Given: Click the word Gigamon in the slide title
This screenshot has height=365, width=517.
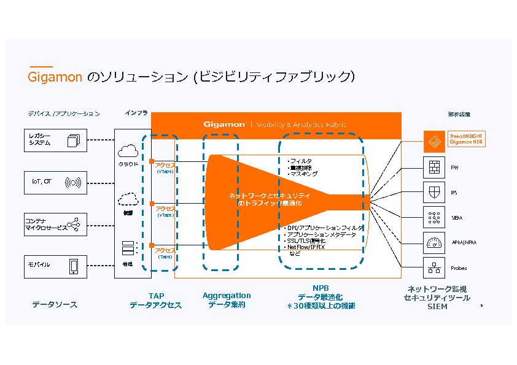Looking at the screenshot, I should [x=55, y=77].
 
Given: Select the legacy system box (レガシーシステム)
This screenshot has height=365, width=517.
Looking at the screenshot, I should [x=55, y=140].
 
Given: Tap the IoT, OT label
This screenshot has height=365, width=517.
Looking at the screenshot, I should [x=42, y=182].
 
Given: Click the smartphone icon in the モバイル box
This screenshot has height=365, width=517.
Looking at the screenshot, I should [x=74, y=266].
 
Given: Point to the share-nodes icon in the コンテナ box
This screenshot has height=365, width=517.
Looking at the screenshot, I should [x=74, y=224].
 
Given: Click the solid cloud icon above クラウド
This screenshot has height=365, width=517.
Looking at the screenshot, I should [x=128, y=150].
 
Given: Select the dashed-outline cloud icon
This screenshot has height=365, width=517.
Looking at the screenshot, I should [x=128, y=198].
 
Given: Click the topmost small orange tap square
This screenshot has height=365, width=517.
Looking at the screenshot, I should [x=150, y=161].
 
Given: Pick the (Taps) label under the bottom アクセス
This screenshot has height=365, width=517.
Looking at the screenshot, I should [x=165, y=256].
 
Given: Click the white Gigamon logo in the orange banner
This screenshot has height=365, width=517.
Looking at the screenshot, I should [x=225, y=124].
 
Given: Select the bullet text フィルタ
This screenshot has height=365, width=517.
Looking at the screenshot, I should [x=301, y=161].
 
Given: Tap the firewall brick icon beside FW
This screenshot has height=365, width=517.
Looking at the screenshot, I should [x=434, y=166].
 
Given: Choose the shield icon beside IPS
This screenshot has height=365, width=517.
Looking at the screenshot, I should [x=434, y=191].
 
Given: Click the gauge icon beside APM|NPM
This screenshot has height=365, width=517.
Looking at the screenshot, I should [x=434, y=242].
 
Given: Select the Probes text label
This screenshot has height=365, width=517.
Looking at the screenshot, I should [x=459, y=268].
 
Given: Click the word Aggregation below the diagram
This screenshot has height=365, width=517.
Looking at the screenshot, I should [x=227, y=296].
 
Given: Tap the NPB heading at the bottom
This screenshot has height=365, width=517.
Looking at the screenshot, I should [x=321, y=288].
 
